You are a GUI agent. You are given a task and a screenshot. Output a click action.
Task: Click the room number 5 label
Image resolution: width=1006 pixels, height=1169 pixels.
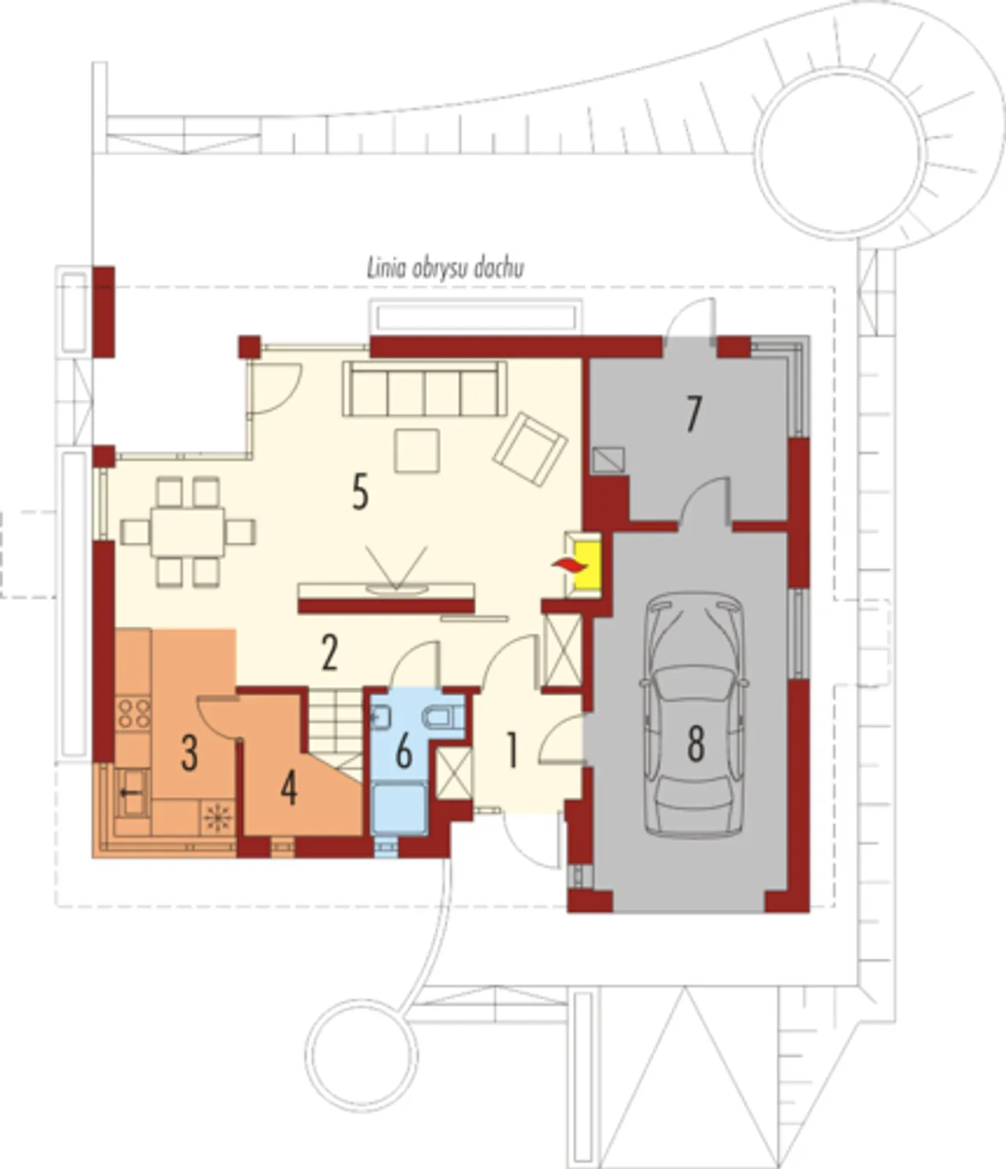tap(361, 492)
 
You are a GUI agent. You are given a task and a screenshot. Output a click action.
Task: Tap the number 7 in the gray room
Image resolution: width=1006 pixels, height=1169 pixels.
tap(694, 414)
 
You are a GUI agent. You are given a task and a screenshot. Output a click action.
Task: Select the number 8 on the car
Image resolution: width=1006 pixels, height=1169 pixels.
tap(696, 743)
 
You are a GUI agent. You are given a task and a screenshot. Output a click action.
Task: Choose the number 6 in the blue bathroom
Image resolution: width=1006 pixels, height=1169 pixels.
tap(403, 752)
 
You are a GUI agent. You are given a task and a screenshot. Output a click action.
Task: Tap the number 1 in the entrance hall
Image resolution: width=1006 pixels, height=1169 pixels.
tap(512, 750)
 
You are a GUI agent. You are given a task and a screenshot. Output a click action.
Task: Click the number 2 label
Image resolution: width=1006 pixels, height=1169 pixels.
tap(329, 652)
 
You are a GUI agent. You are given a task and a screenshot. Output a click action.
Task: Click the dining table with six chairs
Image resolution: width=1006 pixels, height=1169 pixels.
tap(188, 532)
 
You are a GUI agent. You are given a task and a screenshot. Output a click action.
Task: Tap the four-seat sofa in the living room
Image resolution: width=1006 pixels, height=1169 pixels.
tap(424, 390)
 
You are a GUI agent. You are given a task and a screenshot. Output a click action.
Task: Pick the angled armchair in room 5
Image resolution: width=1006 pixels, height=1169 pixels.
tap(530, 449)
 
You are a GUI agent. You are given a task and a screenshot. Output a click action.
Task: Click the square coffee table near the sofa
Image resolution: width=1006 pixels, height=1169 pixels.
tap(417, 451)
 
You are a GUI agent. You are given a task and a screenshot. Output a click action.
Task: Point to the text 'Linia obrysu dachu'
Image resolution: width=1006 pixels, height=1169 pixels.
tap(446, 268)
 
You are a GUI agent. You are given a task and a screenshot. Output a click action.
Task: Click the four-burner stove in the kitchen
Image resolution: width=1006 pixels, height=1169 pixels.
tap(133, 713)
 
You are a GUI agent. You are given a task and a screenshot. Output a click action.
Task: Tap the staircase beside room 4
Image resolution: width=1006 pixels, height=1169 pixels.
tap(335, 734)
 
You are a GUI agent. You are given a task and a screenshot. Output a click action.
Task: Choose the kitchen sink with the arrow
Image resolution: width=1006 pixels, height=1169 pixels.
tap(131, 793)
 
